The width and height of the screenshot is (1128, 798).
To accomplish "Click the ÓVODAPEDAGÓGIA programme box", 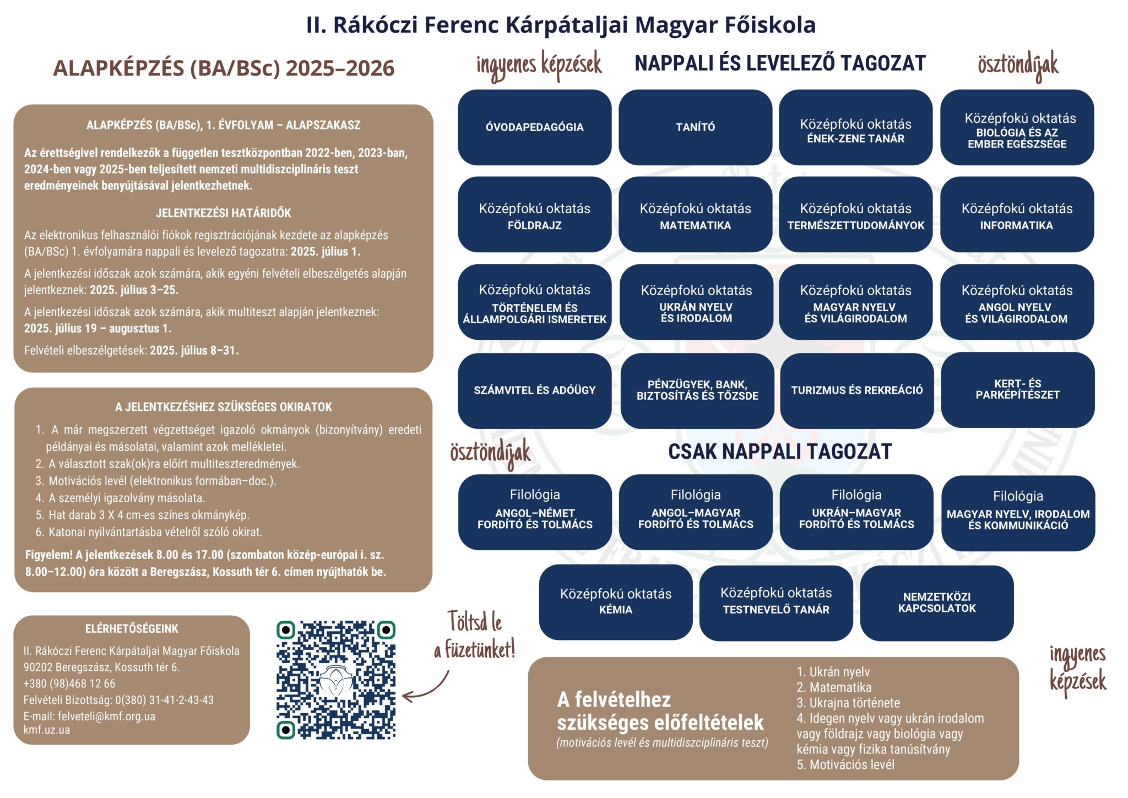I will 534,127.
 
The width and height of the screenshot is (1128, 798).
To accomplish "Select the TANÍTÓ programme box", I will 695,127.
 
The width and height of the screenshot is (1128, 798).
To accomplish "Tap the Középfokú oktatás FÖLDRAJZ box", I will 534,215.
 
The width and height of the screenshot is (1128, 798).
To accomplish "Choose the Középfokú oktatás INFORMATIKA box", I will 1017,215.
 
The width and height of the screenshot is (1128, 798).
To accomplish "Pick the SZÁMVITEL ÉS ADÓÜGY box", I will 534,390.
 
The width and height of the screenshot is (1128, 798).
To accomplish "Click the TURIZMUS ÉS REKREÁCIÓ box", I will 856,390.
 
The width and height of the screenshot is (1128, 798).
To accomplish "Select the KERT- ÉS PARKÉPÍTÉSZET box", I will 1017,389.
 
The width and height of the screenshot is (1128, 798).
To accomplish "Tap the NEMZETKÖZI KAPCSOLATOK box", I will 936,602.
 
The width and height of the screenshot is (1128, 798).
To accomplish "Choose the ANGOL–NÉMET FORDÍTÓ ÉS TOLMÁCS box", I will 534,512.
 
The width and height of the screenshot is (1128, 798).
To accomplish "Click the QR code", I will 336,680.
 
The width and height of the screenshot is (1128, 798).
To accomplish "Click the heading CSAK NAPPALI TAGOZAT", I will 779,452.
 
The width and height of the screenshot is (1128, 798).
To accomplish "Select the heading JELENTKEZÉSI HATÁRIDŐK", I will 223,213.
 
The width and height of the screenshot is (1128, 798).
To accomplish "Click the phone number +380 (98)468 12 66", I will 69,683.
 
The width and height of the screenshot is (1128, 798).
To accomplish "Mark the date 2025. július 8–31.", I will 194,350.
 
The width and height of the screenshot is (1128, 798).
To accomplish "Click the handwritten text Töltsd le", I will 474,622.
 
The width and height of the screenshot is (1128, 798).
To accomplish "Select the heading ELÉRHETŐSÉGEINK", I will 132,628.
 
